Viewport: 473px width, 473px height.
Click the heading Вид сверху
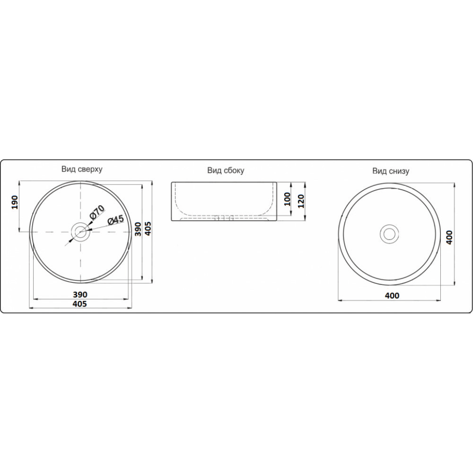[x=82, y=169]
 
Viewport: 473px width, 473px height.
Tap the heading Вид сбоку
[x=226, y=170]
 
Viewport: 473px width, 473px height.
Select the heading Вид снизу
[x=391, y=171]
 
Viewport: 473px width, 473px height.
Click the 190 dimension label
[x=15, y=202]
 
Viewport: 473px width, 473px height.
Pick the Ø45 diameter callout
[x=115, y=220]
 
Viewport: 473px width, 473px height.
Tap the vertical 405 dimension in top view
[x=148, y=228]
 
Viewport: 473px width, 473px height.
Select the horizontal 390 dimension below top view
[x=80, y=294]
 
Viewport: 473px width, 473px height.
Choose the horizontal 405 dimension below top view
[x=80, y=304]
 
